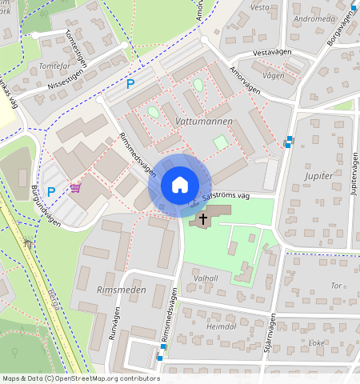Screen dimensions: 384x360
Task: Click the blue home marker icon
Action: point(180,185)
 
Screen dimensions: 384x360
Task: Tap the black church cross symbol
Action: point(203,217)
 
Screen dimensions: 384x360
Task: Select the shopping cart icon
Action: point(75,188)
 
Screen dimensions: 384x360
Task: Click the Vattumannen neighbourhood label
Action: point(203,121)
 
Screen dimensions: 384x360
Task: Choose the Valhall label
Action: point(206,278)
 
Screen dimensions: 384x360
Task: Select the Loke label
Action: point(317,342)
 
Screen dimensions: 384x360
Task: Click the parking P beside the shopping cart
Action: point(51,191)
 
